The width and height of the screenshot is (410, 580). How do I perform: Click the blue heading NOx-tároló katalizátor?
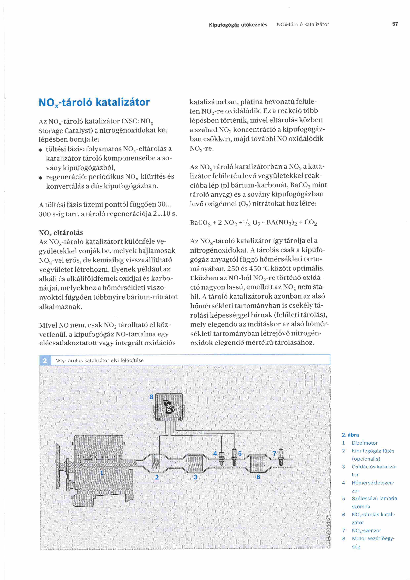94,102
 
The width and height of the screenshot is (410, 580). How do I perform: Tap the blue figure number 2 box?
45,360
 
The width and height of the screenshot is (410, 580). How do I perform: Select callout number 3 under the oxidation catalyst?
195,477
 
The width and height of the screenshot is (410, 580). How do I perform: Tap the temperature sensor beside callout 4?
221,458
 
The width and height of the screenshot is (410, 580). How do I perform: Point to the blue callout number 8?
151,397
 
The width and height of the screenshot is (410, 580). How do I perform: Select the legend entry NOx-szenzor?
366,531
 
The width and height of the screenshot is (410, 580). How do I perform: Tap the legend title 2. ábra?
350,435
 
